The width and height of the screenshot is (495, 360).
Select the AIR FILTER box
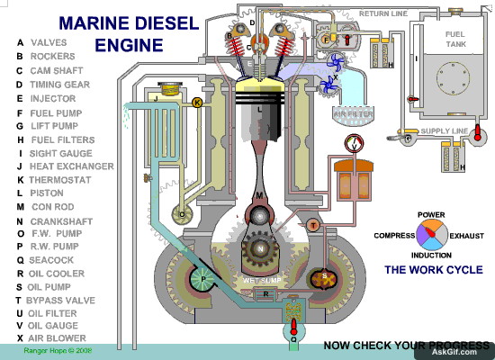pyautogui.click(x=353, y=114)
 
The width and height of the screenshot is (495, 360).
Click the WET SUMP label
pyautogui.click(x=258, y=281)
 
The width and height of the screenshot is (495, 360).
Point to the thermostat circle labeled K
pyautogui.click(x=197, y=103)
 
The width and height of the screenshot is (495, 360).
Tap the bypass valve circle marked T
pyautogui.click(x=312, y=224)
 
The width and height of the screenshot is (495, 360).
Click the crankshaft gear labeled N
pyautogui.click(x=260, y=247)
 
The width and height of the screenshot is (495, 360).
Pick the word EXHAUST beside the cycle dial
pyautogui.click(x=467, y=235)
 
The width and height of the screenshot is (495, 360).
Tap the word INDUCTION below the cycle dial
pyautogui.click(x=431, y=256)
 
